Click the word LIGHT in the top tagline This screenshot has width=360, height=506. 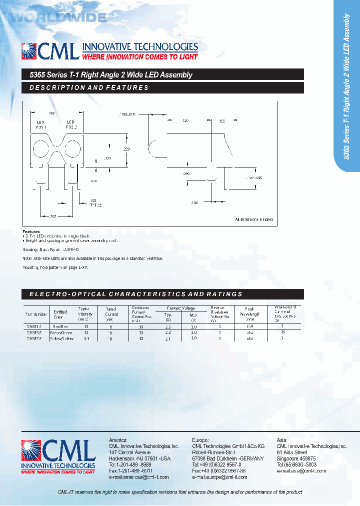[x=185, y=57]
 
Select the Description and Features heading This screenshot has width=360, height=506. [x=89, y=87]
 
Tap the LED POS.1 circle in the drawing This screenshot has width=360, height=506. [x=41, y=149]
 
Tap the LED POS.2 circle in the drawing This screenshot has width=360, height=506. [x=70, y=149]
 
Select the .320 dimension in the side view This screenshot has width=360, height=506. [x=185, y=121]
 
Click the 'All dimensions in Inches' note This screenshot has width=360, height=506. [x=253, y=219]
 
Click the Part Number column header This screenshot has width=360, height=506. [x=35, y=314]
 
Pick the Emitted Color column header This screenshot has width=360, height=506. [x=60, y=314]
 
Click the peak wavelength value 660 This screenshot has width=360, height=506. [x=249, y=326]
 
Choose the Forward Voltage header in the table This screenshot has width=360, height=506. [x=180, y=308]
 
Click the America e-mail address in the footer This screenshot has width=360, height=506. [x=138, y=477]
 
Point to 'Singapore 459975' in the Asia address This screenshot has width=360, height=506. [x=296, y=458]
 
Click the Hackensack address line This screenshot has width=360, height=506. [x=139, y=458]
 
